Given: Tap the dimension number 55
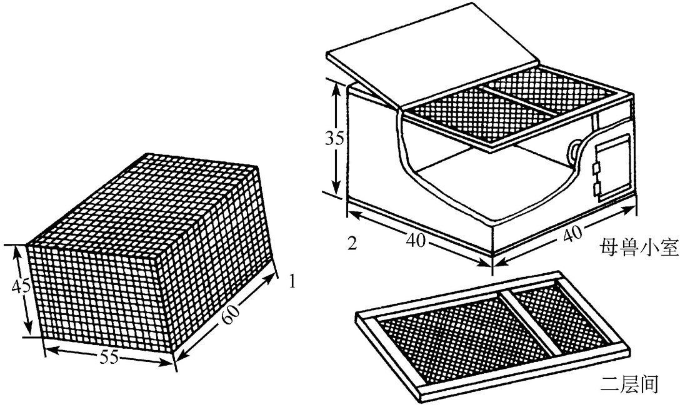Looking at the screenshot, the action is pos(109,358).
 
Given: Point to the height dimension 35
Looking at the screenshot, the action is pos(334,138).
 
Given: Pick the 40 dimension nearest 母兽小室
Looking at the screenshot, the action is pos(572,234).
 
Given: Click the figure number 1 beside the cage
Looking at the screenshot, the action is pos(292,282).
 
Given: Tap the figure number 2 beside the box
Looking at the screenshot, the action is pos(352,243).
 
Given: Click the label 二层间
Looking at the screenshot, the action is pos(630,384).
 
